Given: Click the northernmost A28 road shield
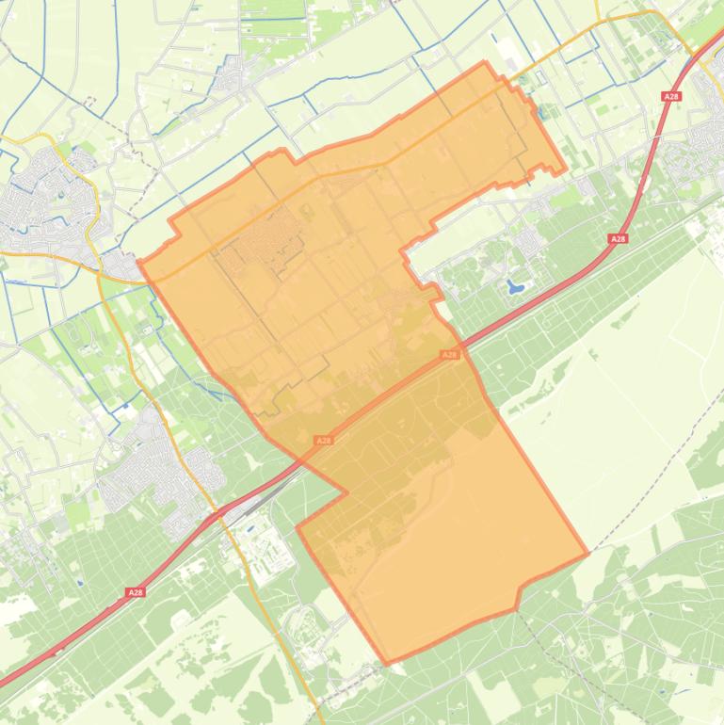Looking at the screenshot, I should [671, 96].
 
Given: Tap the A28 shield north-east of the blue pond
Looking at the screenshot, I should [618, 239].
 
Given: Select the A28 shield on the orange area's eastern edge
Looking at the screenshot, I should [450, 355].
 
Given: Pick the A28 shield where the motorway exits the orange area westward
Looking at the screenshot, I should [324, 440].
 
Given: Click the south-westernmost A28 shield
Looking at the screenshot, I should [136, 592].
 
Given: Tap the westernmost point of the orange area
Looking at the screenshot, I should [139, 262].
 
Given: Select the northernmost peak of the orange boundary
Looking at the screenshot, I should [485, 63].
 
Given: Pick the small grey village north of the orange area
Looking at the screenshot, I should [231, 71].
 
